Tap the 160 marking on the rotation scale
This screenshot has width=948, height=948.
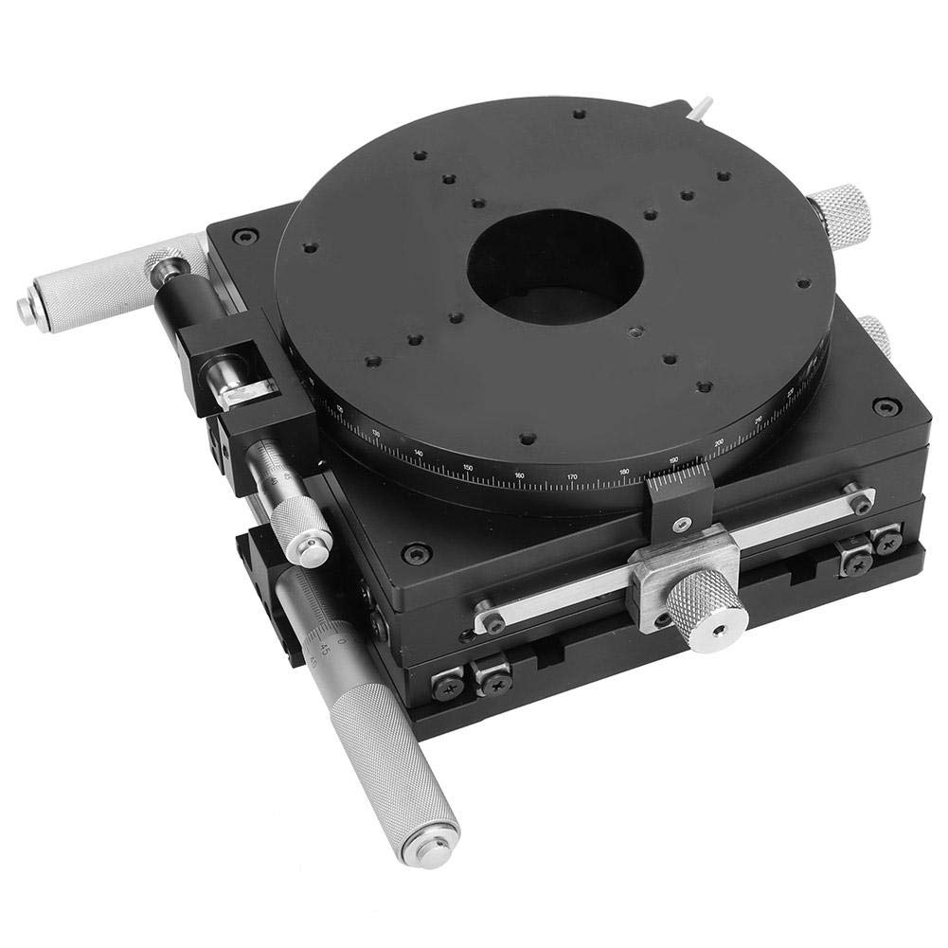(x=519, y=474)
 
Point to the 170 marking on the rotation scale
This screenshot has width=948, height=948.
(x=571, y=476)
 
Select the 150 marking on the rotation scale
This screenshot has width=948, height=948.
(x=468, y=466)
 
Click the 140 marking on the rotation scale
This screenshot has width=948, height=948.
(x=419, y=453)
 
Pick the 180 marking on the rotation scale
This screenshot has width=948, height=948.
(x=623, y=471)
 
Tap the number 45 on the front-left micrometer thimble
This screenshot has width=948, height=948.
(x=325, y=649)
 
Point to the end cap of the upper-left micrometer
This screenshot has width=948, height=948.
(x=26, y=307)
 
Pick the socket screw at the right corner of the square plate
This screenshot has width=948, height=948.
(x=885, y=406)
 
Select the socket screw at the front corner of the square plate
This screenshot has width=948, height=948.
(x=415, y=551)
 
